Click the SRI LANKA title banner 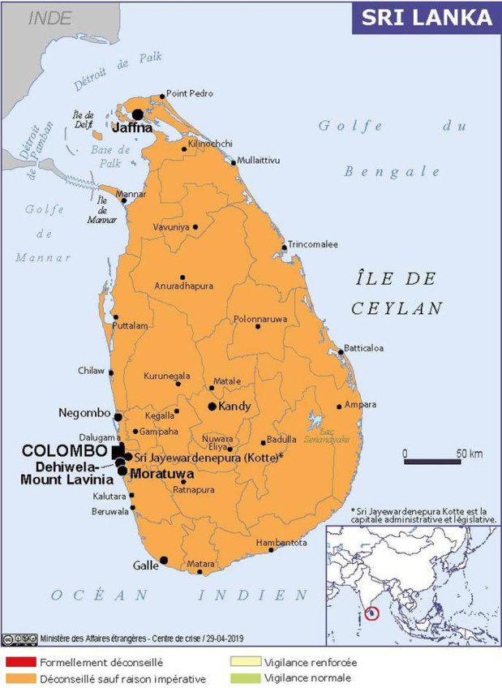426,17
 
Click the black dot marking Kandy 212,406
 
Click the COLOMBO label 65,450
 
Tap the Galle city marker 164,560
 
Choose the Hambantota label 281,543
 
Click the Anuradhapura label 183,286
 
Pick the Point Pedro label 189,94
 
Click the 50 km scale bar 432,462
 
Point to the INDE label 50,19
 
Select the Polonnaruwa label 260,319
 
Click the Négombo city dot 118,417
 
